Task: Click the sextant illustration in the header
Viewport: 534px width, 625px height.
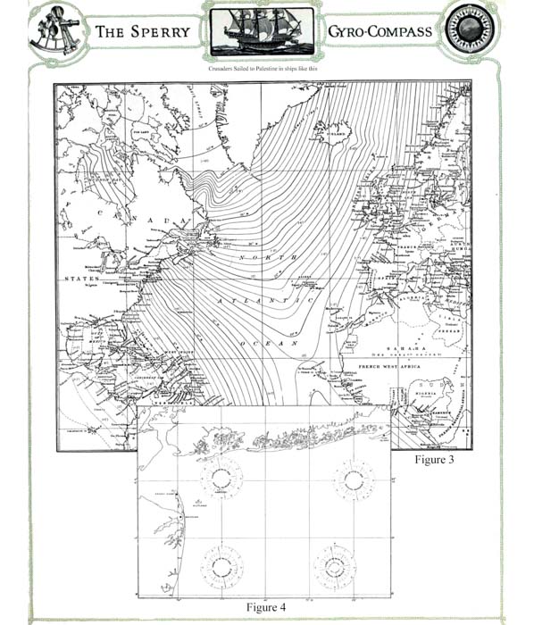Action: (54, 30)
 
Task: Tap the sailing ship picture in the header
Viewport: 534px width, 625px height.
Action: (261, 32)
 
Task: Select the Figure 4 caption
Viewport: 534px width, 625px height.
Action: (266, 608)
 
